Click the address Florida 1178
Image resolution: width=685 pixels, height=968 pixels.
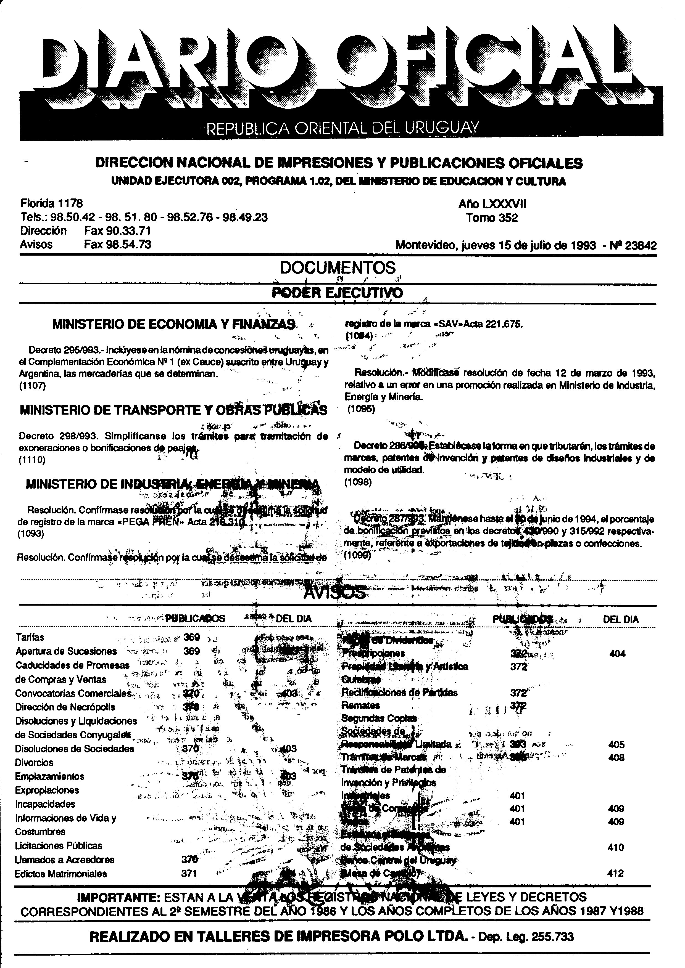tap(51, 204)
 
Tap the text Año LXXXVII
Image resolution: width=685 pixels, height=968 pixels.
tap(492, 205)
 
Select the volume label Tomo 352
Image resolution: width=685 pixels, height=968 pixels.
tap(492, 218)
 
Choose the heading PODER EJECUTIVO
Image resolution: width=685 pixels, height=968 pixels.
tap(338, 293)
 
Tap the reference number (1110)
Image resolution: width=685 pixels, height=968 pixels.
tap(32, 460)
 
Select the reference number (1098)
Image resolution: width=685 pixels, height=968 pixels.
tap(358, 482)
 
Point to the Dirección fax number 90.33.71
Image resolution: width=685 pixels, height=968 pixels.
tap(117, 231)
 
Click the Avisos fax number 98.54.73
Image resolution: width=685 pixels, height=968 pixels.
tap(117, 245)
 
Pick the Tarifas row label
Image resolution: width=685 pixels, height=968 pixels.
tap(30, 637)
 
